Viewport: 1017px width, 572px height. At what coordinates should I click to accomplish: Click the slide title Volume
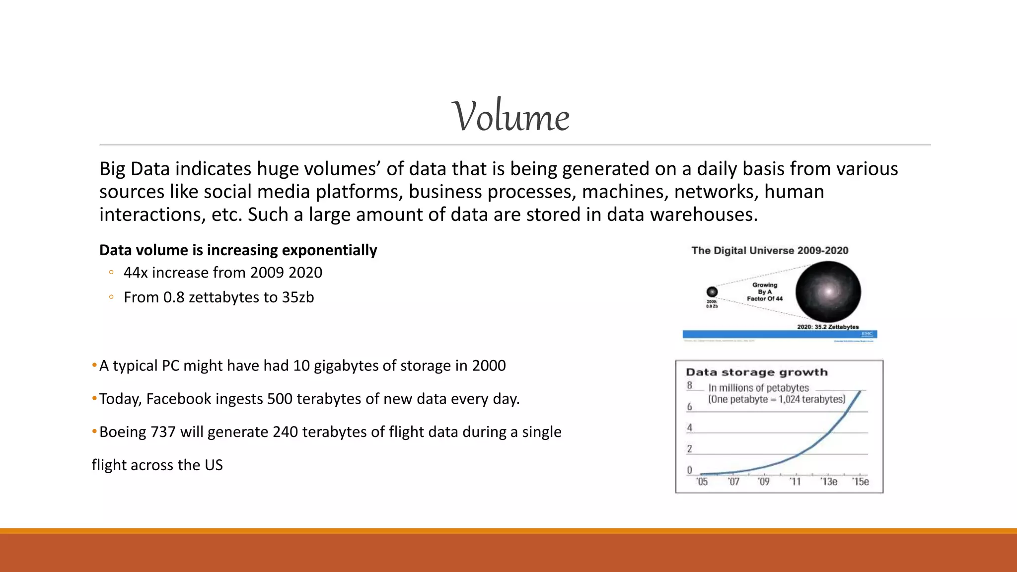[510, 117]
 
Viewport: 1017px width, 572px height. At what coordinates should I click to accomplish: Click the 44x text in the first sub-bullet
[136, 273]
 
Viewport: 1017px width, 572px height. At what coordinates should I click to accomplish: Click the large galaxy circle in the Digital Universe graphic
[828, 292]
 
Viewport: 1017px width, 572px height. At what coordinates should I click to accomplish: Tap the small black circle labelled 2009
[712, 292]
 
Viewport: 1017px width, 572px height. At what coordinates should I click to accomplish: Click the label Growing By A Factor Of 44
[765, 292]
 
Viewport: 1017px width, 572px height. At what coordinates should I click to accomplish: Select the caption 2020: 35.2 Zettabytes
[828, 327]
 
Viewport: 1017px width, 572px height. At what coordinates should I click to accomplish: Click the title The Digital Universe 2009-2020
[770, 251]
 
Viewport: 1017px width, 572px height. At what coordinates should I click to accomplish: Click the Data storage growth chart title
[756, 372]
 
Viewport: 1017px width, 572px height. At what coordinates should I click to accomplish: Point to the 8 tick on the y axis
[689, 385]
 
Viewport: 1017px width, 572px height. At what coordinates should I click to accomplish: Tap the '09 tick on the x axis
[764, 482]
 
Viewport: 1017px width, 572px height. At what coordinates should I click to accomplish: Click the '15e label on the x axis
[861, 482]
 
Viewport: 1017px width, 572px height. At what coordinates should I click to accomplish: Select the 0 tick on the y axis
[689, 470]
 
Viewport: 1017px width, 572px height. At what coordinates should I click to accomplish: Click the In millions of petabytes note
[758, 388]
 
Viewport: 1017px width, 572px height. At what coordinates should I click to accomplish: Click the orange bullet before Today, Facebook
[94, 399]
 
